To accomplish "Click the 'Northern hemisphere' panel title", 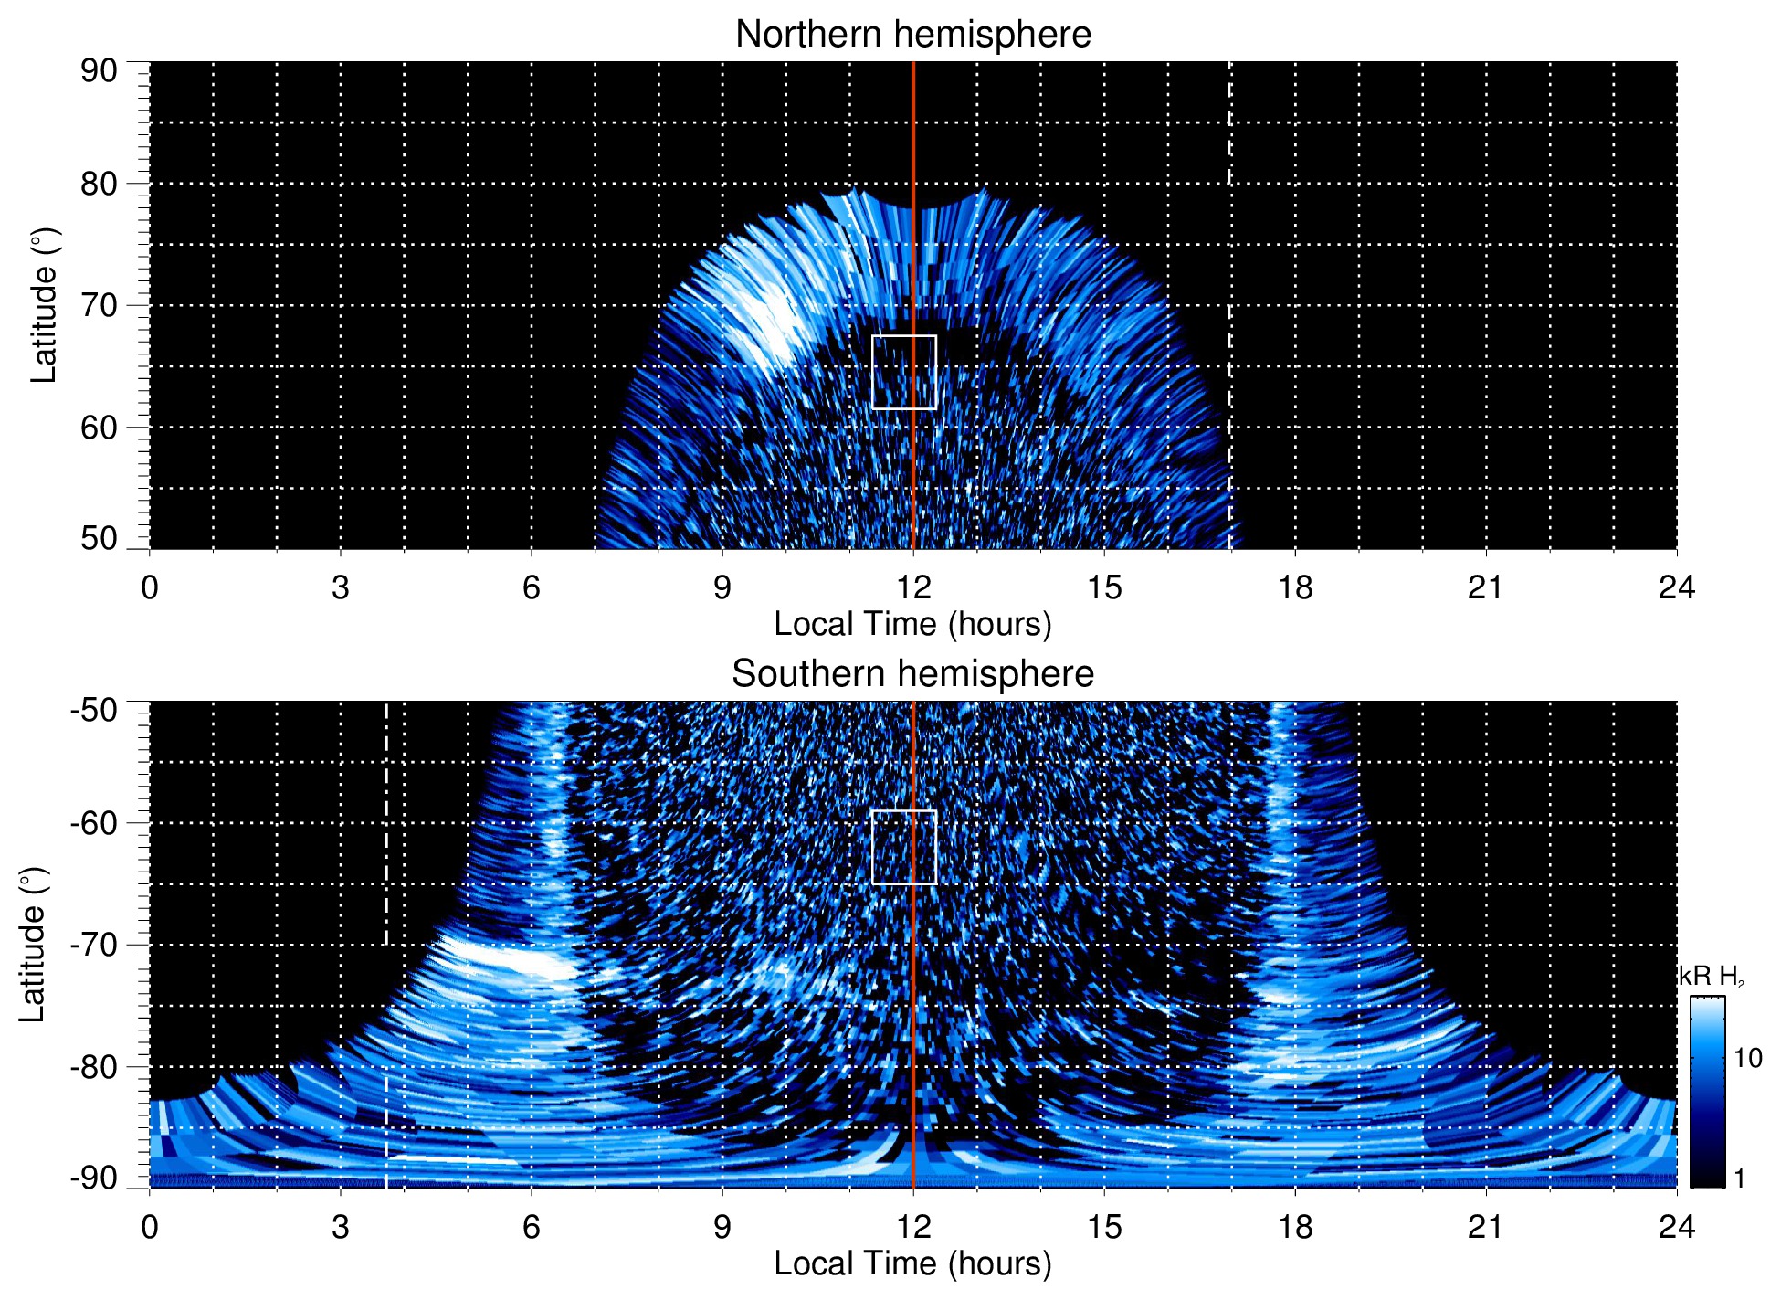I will point(912,35).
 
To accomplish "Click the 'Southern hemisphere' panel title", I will point(912,674).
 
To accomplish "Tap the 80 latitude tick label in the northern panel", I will point(99,184).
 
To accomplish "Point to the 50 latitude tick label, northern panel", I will point(99,538).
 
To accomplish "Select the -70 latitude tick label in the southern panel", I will point(94,945).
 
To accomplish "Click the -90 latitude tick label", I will point(94,1178).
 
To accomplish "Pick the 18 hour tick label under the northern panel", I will point(1295,587).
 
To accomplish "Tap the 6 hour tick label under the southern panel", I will point(531,1227).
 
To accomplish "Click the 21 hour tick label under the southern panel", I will point(1486,1227).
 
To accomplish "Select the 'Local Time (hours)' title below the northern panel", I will point(912,624).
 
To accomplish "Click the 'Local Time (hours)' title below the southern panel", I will point(912,1263).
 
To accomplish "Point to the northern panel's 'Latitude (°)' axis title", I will point(44,305).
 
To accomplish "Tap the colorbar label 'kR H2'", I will point(1712,977).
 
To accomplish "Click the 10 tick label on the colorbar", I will point(1747,1058).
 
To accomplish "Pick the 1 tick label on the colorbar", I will point(1739,1178).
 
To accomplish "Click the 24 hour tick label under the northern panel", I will point(1676,587).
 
